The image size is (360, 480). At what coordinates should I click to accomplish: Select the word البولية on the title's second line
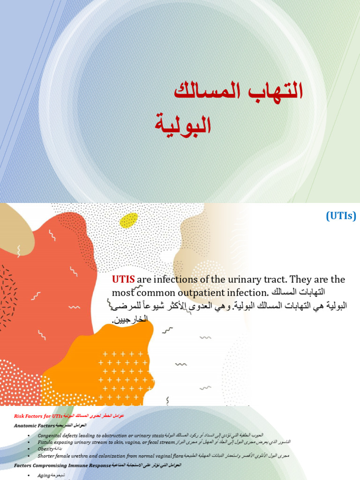183,123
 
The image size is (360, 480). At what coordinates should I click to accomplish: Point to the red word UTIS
123,280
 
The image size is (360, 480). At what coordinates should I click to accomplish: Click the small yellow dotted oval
129,220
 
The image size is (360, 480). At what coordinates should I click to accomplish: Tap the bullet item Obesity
45,449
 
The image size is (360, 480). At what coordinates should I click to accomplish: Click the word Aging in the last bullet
43,475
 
